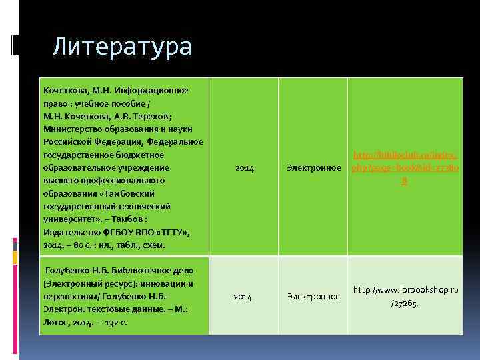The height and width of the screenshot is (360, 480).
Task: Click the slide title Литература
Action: pos(122,47)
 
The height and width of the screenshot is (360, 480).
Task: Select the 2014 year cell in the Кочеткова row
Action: pos(245,168)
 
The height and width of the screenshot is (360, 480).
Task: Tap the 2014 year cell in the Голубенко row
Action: pos(243,297)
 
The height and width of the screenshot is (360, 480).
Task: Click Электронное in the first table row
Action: pos(313,168)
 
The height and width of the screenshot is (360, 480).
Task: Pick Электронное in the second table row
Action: pos(313,297)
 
